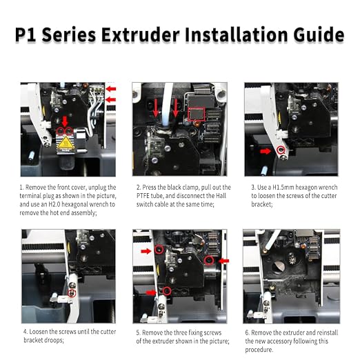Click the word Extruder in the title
pos(141,34)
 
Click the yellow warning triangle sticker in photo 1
pos(66,143)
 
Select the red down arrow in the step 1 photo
pos(65,121)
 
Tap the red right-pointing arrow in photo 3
pos(266,151)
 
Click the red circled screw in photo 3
pos(281,150)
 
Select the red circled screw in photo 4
pos(72,293)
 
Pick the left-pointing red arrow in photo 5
pos(223,261)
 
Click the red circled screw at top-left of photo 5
pos(159,250)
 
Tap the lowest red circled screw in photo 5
pos(167,291)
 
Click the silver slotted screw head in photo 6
pos(279,267)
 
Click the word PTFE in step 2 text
pos(143,196)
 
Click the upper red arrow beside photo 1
pos(111,89)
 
